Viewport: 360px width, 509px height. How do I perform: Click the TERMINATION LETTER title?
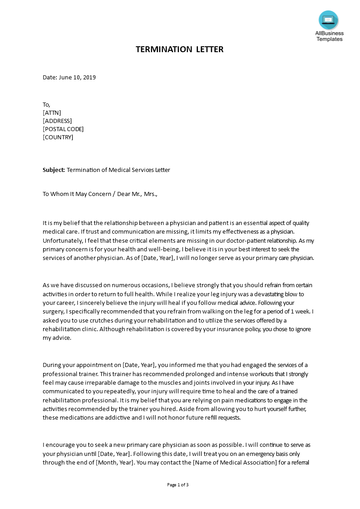click(x=179, y=49)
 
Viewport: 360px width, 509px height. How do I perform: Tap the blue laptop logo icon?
click(x=328, y=20)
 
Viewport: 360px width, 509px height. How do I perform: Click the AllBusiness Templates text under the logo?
click(x=330, y=36)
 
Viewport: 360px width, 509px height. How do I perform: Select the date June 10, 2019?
click(x=77, y=78)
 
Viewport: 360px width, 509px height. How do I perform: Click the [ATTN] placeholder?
click(x=52, y=113)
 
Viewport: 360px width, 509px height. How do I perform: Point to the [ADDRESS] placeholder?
click(x=57, y=121)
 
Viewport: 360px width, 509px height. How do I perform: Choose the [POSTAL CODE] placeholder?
click(x=63, y=129)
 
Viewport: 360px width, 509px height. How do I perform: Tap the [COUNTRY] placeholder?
click(x=58, y=137)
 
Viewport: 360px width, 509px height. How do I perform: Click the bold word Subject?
click(x=54, y=170)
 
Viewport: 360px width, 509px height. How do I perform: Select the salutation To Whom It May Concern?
click(x=77, y=194)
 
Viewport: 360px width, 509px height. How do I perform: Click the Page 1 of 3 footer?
click(x=178, y=485)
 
